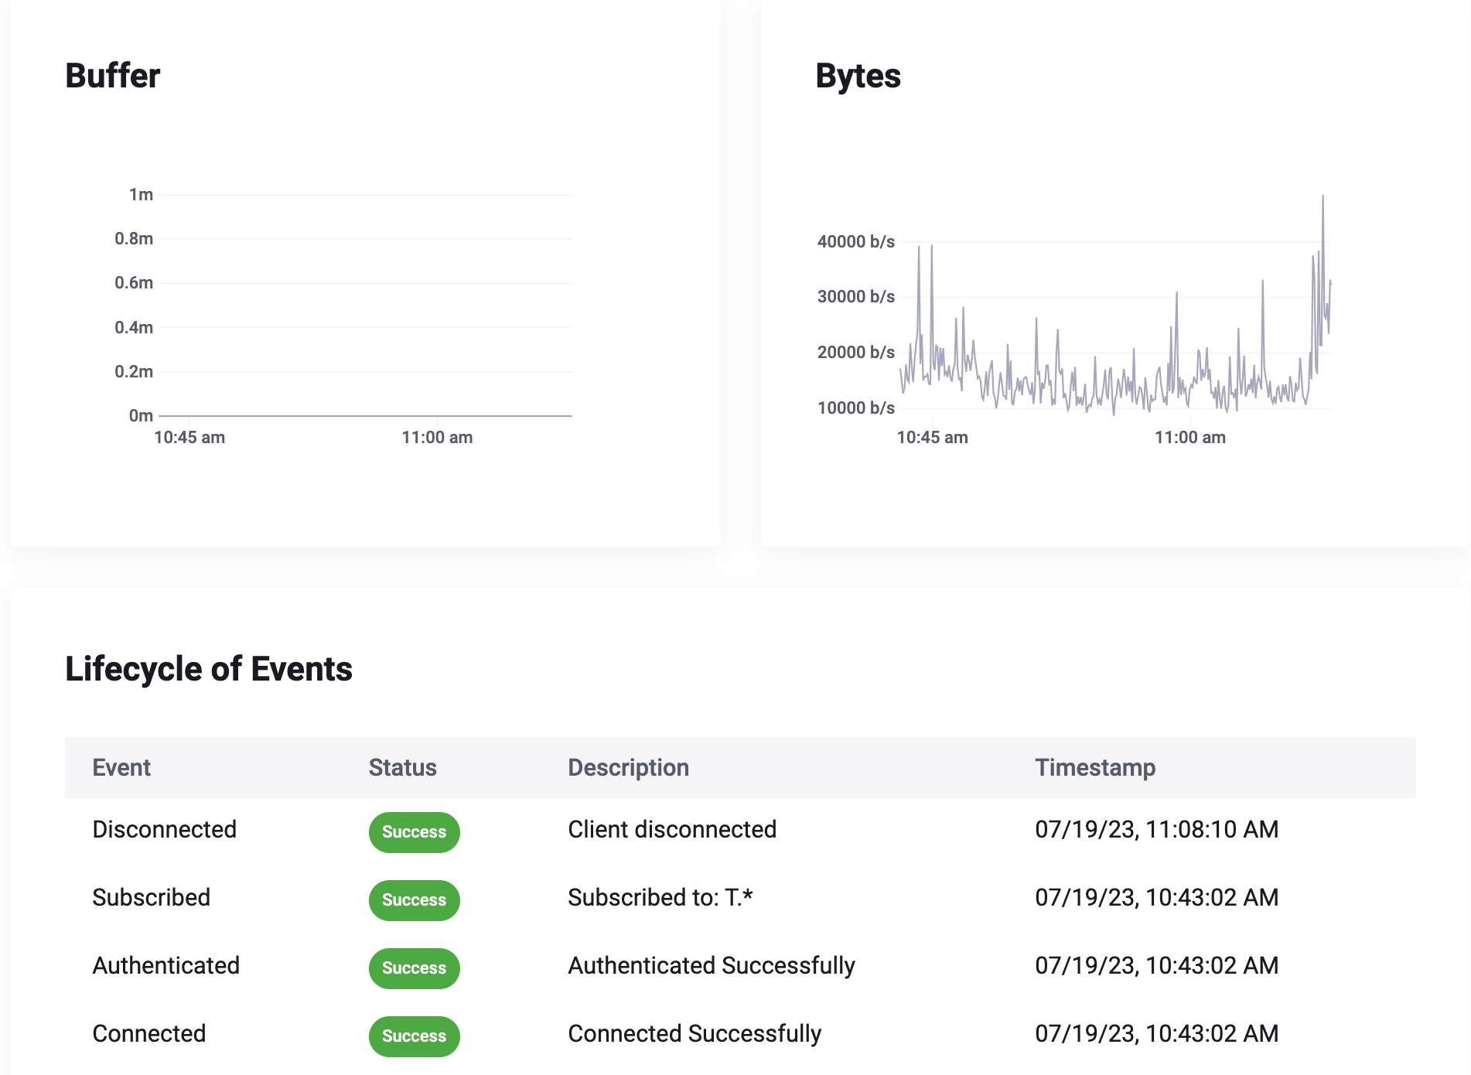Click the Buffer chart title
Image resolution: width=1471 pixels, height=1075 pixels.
point(113,76)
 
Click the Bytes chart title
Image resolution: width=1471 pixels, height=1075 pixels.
point(858,76)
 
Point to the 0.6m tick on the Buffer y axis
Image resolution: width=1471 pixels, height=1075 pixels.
point(134,283)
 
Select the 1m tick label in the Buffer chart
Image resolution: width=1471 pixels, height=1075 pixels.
point(141,195)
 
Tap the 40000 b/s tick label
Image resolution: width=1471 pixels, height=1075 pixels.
point(855,242)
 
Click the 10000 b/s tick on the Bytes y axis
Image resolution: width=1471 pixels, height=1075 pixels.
point(855,408)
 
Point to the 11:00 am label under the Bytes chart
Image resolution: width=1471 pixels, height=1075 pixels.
point(1189,438)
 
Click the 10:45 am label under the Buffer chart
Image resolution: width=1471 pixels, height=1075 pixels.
point(189,438)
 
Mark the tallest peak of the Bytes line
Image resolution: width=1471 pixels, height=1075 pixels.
point(1323,197)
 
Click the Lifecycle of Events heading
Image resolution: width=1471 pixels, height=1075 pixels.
point(209,669)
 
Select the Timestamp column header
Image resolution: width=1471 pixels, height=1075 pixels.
point(1095,767)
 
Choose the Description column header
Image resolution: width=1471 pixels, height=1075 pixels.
point(628,767)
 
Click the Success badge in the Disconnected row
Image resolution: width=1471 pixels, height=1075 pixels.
point(414,832)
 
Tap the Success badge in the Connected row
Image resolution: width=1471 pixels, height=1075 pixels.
point(414,1036)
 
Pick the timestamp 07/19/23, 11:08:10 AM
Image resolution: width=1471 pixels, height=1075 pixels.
point(1156,830)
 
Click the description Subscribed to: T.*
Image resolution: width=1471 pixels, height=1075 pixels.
point(660,898)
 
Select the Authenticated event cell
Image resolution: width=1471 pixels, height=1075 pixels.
point(166,966)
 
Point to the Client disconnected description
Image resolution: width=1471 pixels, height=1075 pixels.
point(671,830)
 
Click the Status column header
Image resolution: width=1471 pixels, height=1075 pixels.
point(402,767)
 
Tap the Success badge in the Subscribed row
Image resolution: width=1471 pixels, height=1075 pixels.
point(414,900)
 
